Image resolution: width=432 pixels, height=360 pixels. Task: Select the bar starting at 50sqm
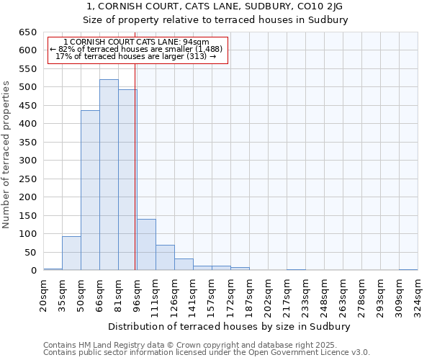click(x=90, y=191)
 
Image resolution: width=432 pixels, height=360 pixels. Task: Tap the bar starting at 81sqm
click(x=127, y=180)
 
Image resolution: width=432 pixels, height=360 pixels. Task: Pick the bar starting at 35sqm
click(x=71, y=253)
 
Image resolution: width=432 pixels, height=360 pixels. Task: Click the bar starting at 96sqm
click(x=146, y=245)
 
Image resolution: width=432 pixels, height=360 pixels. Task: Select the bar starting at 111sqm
click(x=165, y=258)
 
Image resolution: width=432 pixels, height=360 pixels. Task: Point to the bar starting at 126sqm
click(x=184, y=264)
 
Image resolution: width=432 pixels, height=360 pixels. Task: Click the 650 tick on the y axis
click(x=27, y=32)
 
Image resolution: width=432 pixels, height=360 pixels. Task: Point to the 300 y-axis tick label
click(x=27, y=161)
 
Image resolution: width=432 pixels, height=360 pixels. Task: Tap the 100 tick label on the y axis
click(x=27, y=234)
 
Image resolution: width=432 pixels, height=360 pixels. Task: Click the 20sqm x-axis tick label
click(x=43, y=293)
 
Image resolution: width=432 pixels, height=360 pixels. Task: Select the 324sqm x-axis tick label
click(x=418, y=293)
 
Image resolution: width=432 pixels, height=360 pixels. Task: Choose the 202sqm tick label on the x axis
click(x=268, y=293)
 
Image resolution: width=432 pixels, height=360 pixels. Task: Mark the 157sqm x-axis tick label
click(x=212, y=293)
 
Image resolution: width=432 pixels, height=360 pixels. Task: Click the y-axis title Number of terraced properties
click(x=6, y=155)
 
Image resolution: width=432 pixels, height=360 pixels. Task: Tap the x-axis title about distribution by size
click(x=230, y=326)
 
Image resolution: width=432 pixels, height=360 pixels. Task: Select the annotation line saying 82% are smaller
click(x=136, y=49)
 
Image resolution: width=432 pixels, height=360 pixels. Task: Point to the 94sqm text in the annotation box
click(x=194, y=42)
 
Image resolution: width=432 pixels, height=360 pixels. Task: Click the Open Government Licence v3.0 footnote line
click(x=207, y=353)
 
